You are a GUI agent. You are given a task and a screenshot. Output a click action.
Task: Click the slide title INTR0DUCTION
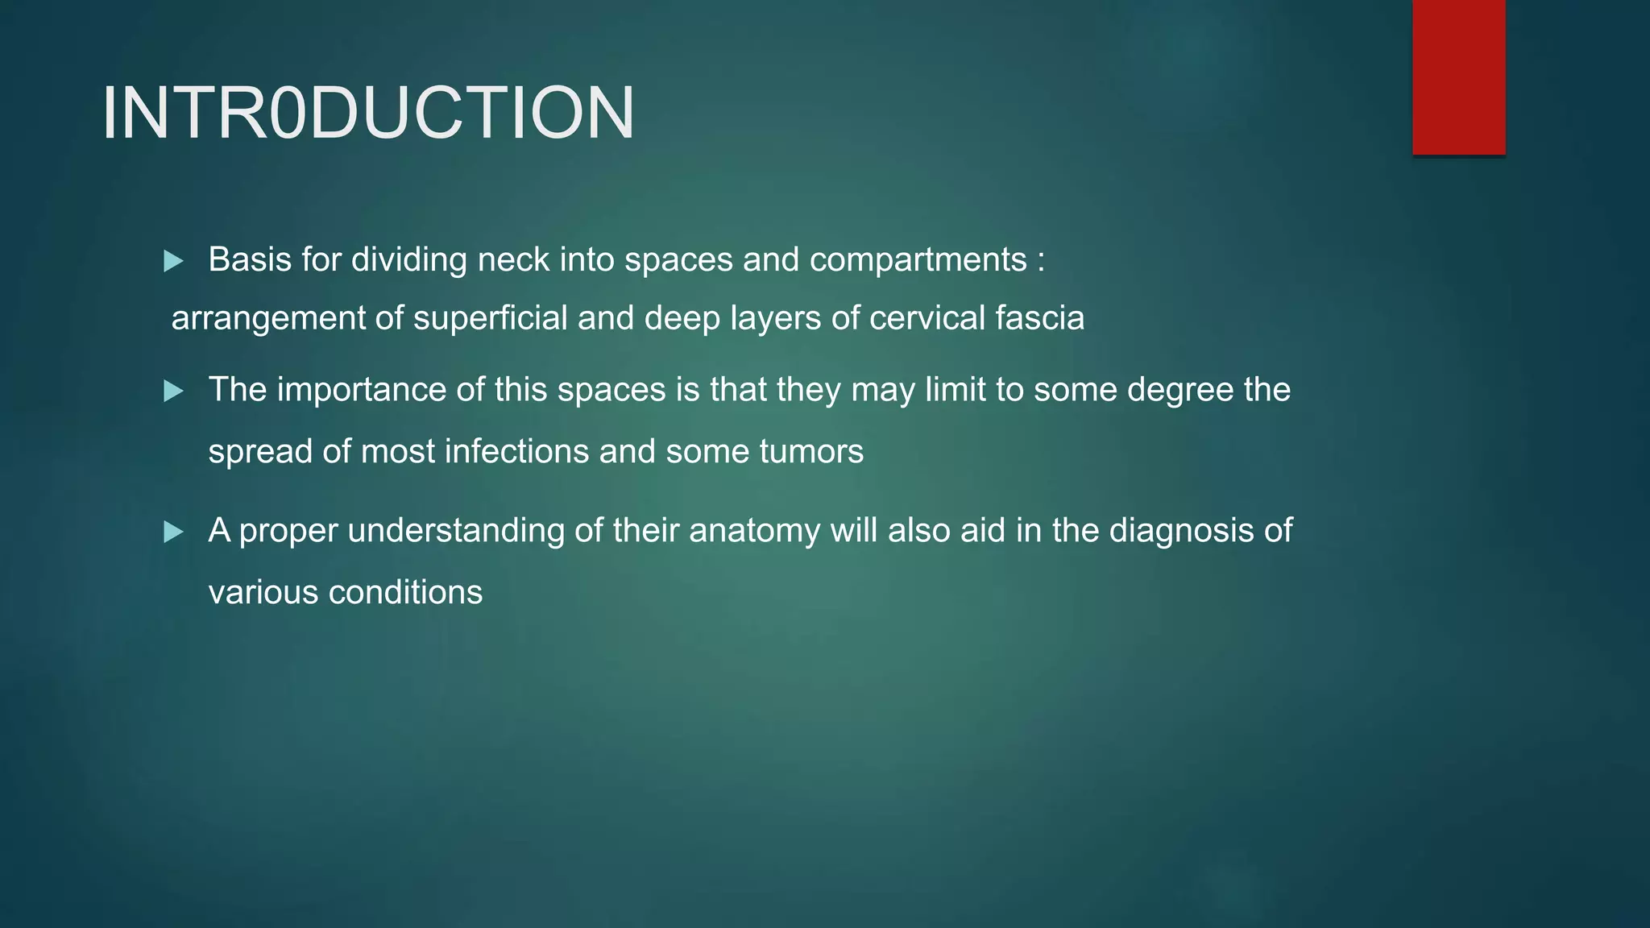click(368, 114)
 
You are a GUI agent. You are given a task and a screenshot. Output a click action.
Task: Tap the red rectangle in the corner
click(1458, 77)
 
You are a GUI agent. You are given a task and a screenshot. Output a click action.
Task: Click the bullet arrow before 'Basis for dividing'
click(173, 261)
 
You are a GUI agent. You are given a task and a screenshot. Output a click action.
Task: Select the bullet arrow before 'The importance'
click(173, 391)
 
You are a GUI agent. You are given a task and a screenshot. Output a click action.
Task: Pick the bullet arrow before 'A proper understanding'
click(173, 532)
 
